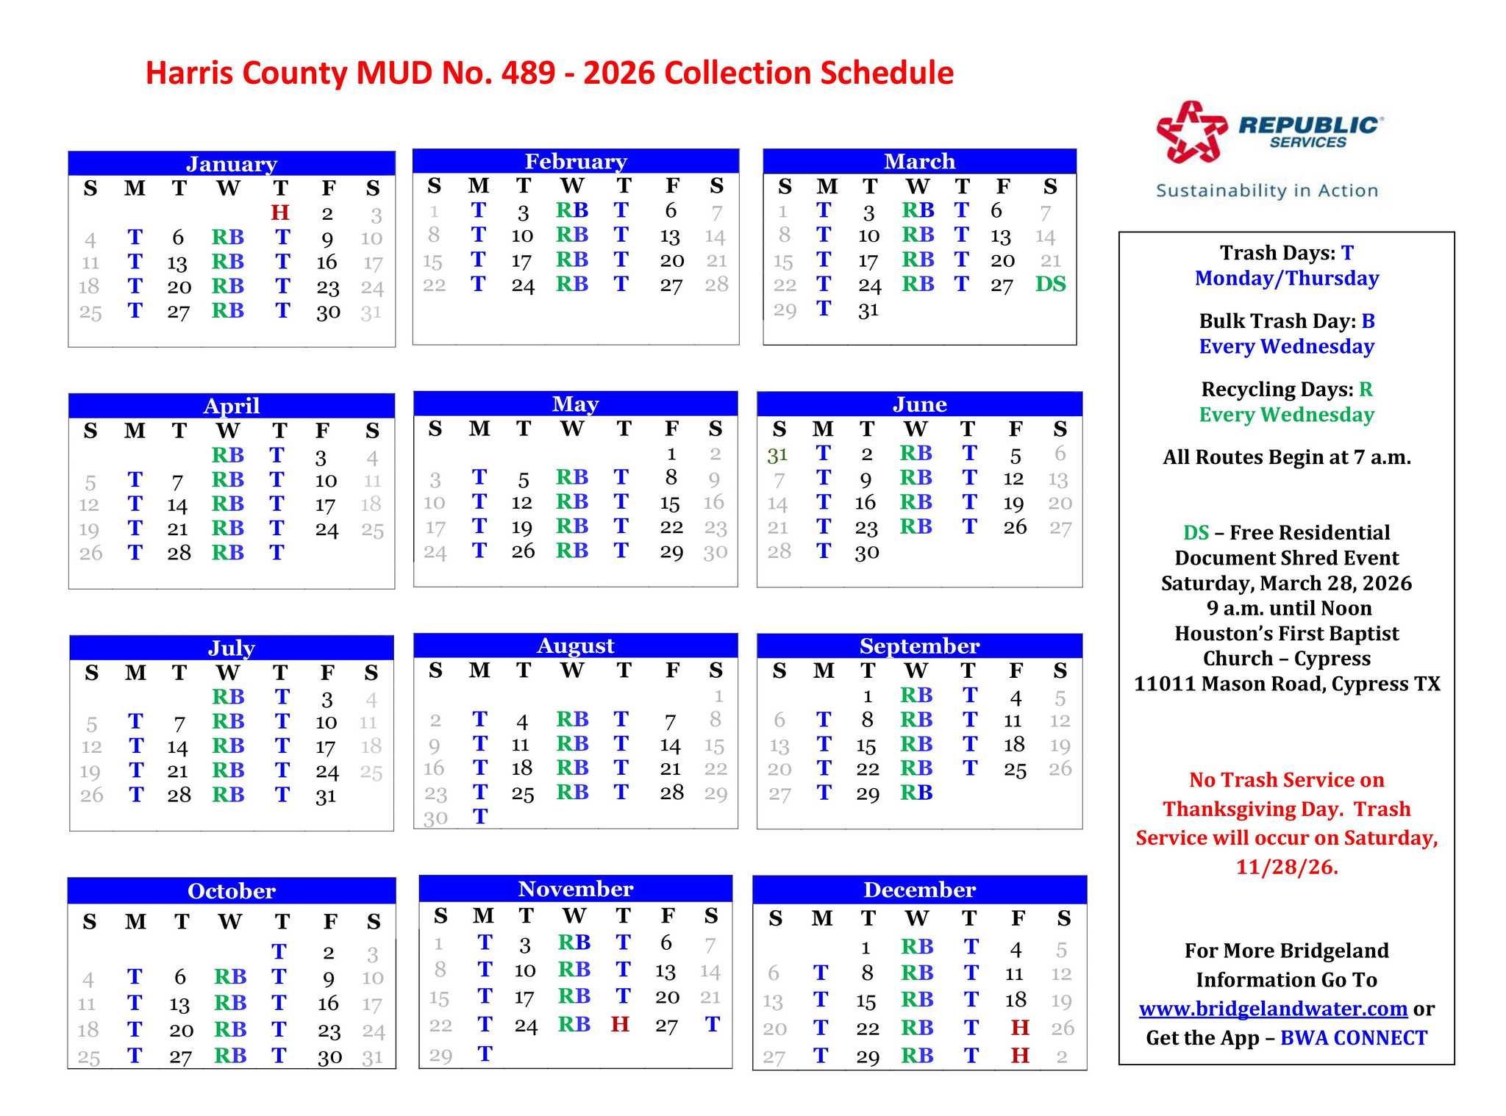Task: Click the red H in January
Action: coord(279,212)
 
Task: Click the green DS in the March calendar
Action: coord(1050,284)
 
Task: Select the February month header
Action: coord(576,161)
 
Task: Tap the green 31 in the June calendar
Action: coord(778,455)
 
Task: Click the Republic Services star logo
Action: coord(1191,132)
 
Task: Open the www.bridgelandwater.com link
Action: coord(1273,1009)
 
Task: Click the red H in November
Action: coord(620,1024)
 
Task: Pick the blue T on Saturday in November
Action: coord(712,1024)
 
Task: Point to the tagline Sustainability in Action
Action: coord(1267,190)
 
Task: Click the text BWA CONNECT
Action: coord(1353,1038)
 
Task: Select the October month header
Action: coord(232,891)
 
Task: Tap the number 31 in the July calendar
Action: coord(326,795)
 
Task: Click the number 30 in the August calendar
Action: coord(435,818)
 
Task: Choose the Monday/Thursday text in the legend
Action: coord(1287,278)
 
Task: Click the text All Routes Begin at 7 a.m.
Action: coord(1287,457)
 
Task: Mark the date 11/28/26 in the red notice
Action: coord(1287,867)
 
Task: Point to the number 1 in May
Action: coord(671,454)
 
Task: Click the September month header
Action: coord(919,646)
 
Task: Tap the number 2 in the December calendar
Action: coord(1062,1056)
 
